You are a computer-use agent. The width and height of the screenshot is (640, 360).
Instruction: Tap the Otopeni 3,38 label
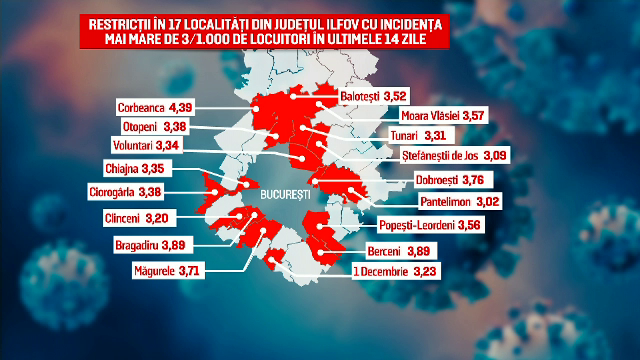[x=164, y=126]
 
